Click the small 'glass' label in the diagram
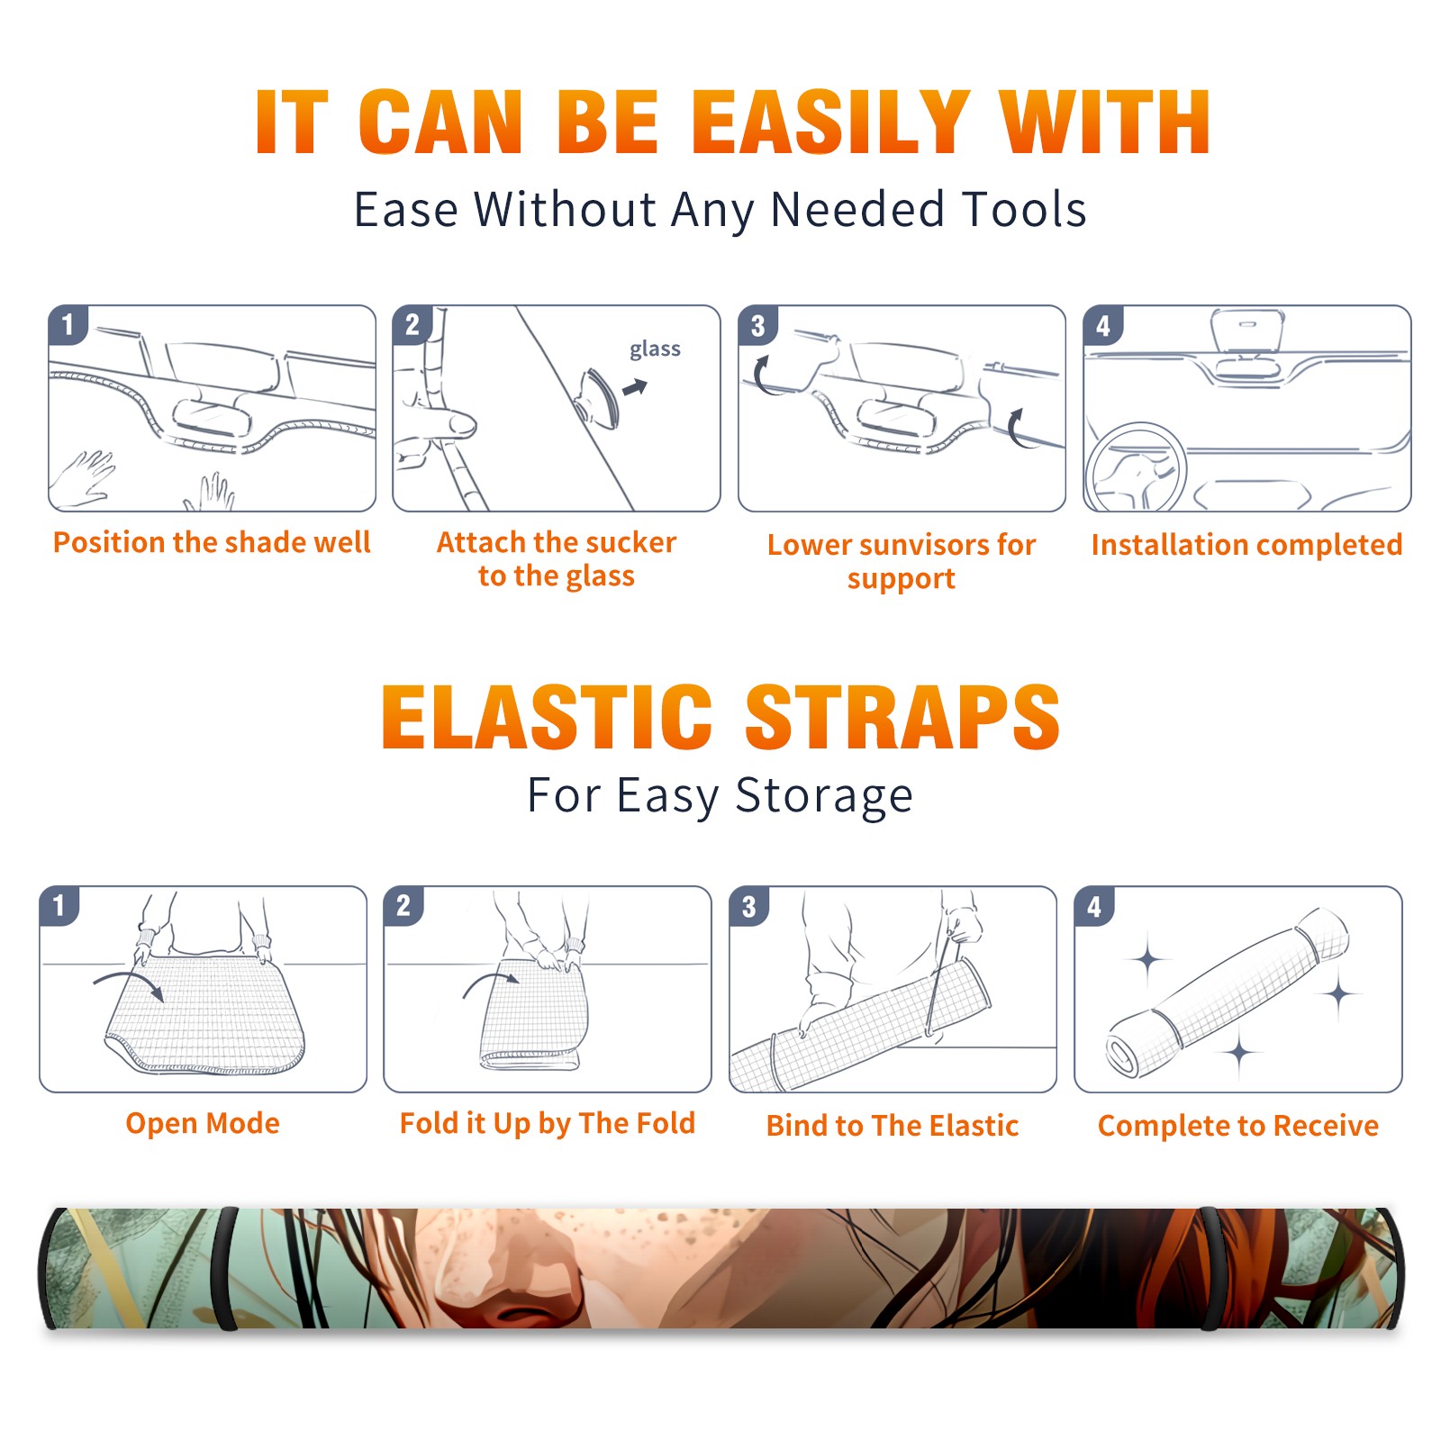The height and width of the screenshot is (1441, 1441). pos(655,349)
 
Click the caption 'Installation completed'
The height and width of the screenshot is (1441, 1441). pos(1246,544)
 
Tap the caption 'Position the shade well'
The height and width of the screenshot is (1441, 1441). pos(212,542)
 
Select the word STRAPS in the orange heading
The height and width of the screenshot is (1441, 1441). pos(902,717)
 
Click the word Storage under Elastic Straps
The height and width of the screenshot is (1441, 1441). pos(824,796)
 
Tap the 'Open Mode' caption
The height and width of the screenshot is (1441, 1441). pos(203,1123)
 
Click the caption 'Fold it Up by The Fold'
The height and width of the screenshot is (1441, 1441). pos(548,1124)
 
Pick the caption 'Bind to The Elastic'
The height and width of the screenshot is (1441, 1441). pos(893,1126)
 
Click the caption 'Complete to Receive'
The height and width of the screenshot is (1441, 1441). pos(1238,1126)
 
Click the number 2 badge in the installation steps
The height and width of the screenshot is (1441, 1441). pos(412,324)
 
